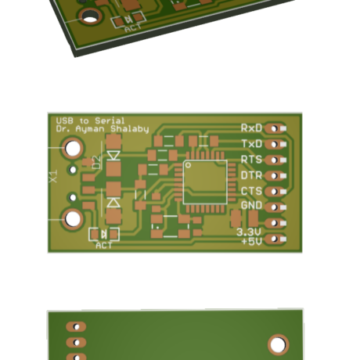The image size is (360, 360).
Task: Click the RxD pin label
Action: [251, 128]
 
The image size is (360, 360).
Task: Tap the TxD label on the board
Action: [251, 144]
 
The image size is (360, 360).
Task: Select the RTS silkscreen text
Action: [251, 160]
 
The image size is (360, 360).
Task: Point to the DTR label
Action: [251, 175]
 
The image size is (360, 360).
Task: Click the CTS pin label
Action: [251, 191]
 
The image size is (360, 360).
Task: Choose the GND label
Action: [251, 206]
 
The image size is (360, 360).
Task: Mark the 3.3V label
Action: [250, 232]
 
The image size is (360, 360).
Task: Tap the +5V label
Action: [251, 242]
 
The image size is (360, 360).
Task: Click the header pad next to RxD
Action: [273, 128]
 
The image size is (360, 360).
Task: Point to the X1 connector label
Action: [53, 177]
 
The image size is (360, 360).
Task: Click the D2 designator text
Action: [97, 162]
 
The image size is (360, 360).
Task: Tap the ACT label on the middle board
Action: [104, 246]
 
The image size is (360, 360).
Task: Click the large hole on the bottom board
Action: [277, 344]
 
